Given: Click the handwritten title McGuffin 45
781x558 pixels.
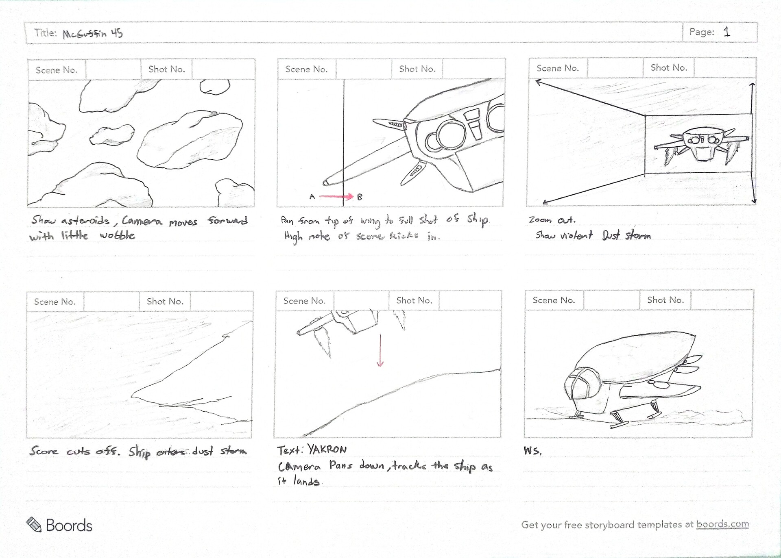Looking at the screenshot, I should point(92,33).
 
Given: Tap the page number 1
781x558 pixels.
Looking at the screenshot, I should point(727,32).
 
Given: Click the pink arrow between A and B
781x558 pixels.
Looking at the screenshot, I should point(336,197).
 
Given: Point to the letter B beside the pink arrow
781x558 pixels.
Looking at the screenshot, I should point(360,197).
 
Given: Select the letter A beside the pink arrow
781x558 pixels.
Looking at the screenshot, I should point(312,197).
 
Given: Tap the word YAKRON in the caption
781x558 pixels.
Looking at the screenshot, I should point(327,449).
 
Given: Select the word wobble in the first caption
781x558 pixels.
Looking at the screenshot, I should point(118,235).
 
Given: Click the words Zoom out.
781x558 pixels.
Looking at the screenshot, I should point(552,220).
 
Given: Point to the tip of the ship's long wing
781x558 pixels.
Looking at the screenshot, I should point(326,182).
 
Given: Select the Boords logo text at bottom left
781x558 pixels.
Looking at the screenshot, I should point(69,525).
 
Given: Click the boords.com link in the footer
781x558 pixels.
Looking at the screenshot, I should point(722,524).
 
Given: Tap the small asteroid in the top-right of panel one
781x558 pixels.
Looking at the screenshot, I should point(214,86).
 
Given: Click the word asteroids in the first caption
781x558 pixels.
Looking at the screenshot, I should point(85,221).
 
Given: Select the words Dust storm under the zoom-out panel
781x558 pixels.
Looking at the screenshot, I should point(626,235).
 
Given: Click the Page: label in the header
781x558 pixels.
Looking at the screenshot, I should point(702,32).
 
